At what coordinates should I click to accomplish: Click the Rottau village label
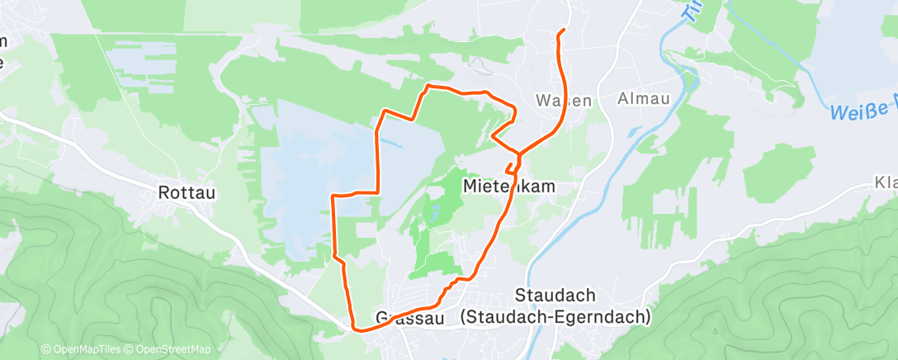[x=187, y=193]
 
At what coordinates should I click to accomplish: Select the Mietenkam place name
[x=508, y=187]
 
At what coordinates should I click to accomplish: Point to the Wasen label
[x=564, y=101]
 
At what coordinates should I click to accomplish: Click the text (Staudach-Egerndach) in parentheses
[x=556, y=316]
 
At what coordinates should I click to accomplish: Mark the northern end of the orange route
[x=562, y=31]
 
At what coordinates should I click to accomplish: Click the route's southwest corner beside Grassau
[x=357, y=328]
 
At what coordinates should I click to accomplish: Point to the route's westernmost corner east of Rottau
[x=333, y=197]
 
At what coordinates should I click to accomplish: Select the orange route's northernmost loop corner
[x=428, y=86]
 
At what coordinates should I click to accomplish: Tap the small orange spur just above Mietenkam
[x=509, y=168]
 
